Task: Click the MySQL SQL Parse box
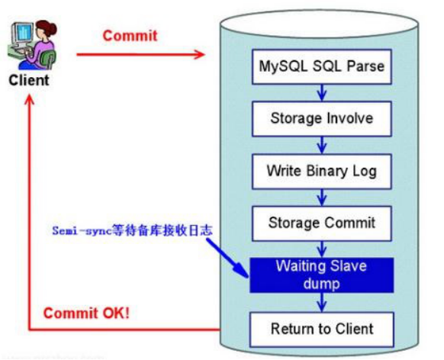322,66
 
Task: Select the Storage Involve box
322,119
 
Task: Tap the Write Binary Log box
322,171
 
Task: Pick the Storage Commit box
322,223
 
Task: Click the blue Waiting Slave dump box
322,275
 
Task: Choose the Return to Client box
322,329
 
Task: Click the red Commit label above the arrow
130,36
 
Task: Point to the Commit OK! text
86,313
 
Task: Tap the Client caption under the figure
29,80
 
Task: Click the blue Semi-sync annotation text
132,230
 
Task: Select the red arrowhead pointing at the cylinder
199,54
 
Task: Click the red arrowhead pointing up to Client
30,100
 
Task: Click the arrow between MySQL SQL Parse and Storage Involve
322,93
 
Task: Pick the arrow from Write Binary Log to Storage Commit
322,198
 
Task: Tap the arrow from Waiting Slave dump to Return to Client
322,302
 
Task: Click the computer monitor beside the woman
22,34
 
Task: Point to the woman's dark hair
47,28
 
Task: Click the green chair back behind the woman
47,59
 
